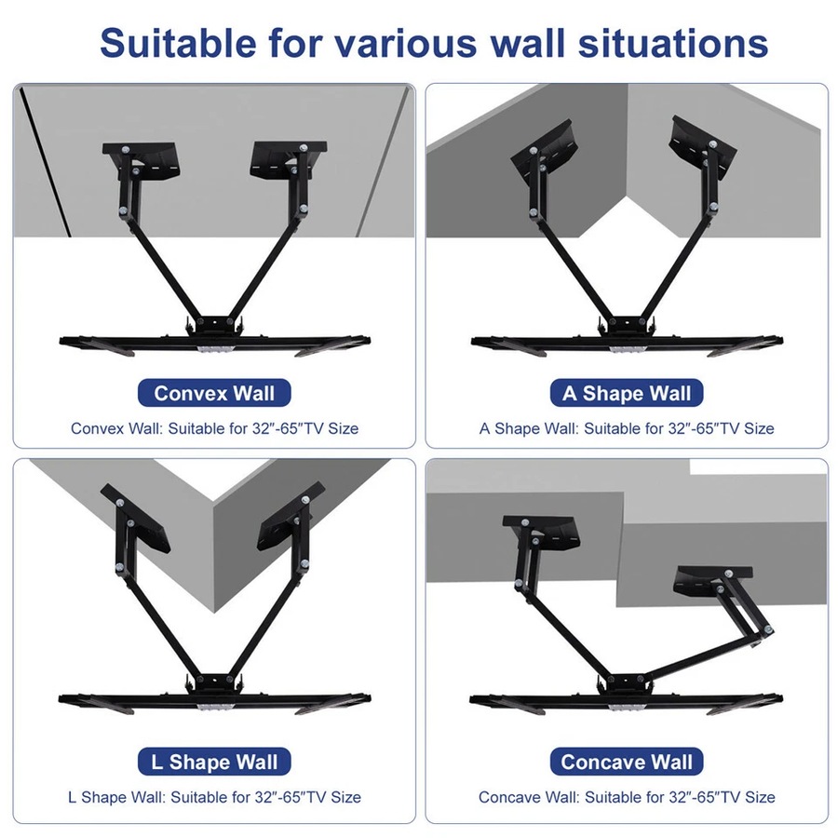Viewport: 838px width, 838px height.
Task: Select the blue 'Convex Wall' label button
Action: tap(214, 392)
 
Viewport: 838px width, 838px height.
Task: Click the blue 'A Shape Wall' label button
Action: tap(627, 392)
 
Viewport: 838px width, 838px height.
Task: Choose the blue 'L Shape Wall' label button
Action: tap(214, 762)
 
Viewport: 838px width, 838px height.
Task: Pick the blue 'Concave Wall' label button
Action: tap(627, 762)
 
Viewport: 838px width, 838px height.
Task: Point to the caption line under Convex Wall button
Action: tap(214, 429)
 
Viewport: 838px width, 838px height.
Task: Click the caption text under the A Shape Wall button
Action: tap(627, 429)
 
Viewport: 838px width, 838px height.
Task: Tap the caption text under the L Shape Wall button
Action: tap(214, 798)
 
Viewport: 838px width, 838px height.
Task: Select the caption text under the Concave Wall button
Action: tap(627, 798)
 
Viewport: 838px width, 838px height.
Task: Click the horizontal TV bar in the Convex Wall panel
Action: tap(214, 341)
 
